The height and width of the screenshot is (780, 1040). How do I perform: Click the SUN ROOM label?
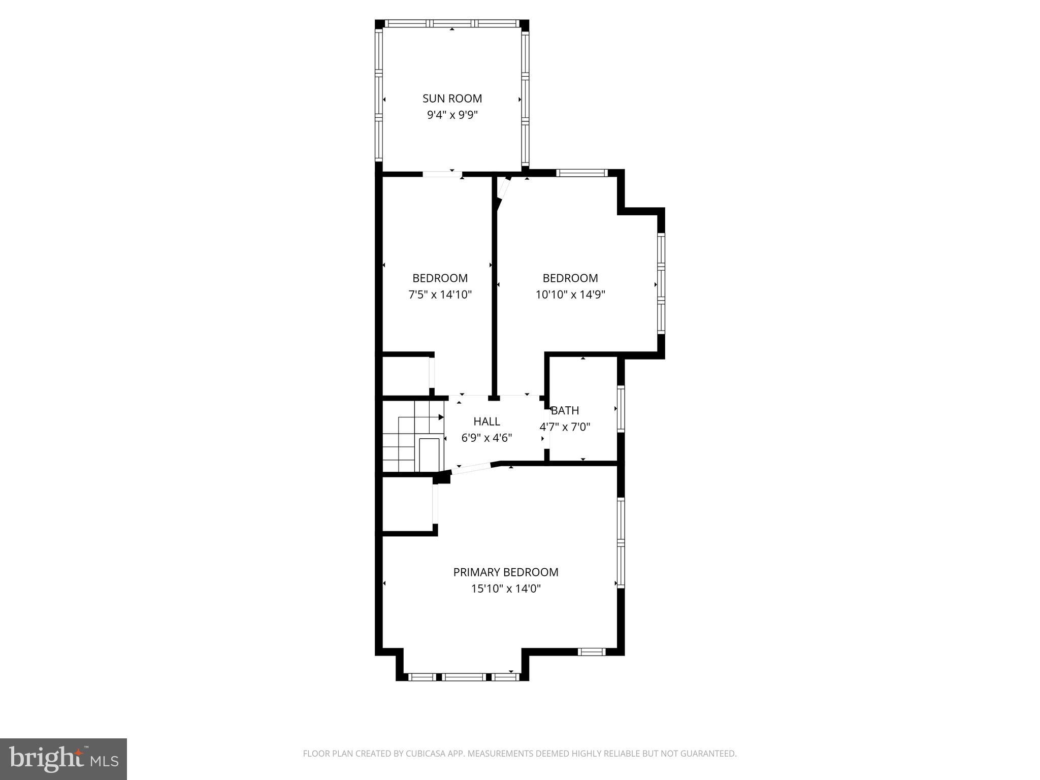point(452,99)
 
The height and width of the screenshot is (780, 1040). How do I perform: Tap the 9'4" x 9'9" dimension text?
point(452,115)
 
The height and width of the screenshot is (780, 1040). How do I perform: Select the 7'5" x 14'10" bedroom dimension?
point(440,295)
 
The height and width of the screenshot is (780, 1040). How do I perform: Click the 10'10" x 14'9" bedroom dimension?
point(570,295)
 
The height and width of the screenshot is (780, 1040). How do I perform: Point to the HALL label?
point(486,421)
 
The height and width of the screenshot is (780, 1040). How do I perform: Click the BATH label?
point(565,410)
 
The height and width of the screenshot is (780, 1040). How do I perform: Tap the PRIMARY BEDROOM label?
point(505,572)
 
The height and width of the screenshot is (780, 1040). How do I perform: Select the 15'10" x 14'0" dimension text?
point(505,589)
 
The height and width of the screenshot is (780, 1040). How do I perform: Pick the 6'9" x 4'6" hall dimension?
point(486,438)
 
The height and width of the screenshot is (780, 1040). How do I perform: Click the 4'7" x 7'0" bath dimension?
point(565,427)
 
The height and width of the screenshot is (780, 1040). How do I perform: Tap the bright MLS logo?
point(63,759)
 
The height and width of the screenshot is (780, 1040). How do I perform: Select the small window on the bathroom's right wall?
point(621,409)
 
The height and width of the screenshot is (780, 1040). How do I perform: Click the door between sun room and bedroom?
point(442,174)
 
